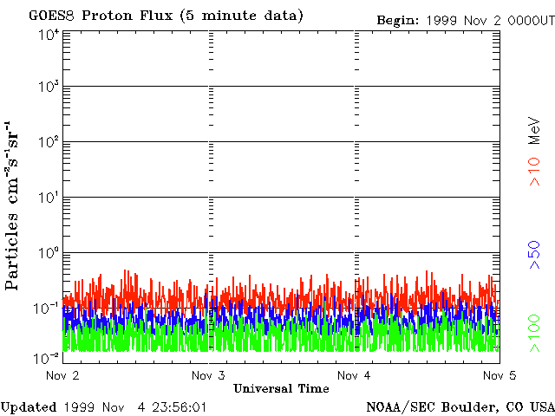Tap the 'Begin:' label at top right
pyautogui.click(x=398, y=20)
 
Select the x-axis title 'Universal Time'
pyautogui.click(x=281, y=388)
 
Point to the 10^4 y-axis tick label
pyautogui.click(x=48, y=35)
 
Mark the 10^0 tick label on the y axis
pyautogui.click(x=48, y=255)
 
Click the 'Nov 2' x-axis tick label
pyautogui.click(x=62, y=375)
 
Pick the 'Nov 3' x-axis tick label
pyautogui.click(x=209, y=375)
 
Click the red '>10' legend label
pyautogui.click(x=535, y=172)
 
